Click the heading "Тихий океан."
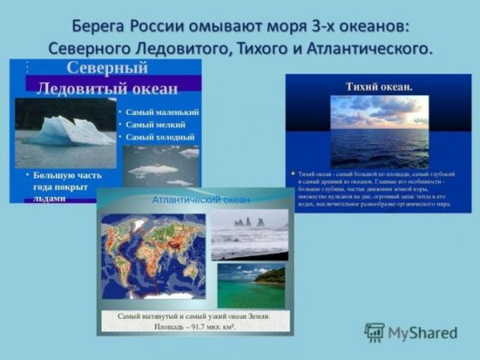point(378,85)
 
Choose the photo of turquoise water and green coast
point(251,285)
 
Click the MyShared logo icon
point(374,333)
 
